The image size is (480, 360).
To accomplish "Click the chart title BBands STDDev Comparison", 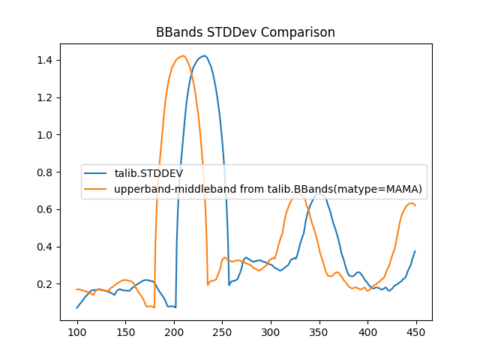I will (x=245, y=32).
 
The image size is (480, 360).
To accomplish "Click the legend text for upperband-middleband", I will (x=268, y=189).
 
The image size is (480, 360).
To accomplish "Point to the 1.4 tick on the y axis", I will (x=46, y=60).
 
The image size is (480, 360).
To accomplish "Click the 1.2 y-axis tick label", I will (x=46, y=97).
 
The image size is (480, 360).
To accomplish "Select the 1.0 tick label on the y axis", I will (x=46, y=135).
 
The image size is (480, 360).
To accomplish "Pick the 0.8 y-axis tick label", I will (x=46, y=172).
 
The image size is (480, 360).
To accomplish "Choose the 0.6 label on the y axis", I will (x=46, y=209).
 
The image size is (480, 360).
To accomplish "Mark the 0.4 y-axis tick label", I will (x=46, y=247).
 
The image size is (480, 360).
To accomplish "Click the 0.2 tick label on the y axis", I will (x=46, y=284).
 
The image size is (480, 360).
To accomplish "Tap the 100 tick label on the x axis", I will (x=77, y=332).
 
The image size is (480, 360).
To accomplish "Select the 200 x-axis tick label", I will (x=174, y=332).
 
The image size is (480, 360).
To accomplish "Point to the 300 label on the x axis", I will (x=271, y=332).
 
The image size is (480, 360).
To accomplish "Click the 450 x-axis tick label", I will (x=415, y=332).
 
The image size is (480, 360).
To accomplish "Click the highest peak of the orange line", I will (x=182, y=55).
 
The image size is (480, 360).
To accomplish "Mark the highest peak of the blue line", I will (x=204, y=55).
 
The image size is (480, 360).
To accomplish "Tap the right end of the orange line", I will (x=415, y=205).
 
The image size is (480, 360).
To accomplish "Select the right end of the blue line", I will (x=415, y=251).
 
